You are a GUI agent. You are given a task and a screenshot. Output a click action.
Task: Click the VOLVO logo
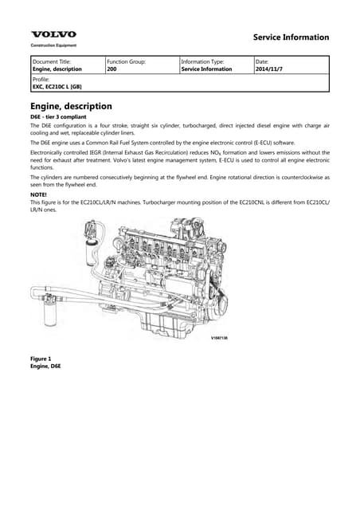53,34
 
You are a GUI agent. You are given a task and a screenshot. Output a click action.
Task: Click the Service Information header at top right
290,37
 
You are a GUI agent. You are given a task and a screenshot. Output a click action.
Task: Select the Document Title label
51,61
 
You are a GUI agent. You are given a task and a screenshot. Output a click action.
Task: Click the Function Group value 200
112,69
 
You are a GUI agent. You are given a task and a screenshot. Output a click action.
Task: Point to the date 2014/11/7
268,69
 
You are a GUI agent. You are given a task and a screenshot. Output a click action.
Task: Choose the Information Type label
203,61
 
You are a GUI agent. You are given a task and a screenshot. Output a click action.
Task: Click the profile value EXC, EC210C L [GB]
57,88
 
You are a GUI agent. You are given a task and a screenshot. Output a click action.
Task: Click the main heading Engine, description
71,106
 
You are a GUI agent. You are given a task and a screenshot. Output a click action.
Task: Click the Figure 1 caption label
41,359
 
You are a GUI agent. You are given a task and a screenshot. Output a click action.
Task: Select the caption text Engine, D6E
45,366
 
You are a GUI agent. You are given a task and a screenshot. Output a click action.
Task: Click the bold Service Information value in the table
206,69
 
